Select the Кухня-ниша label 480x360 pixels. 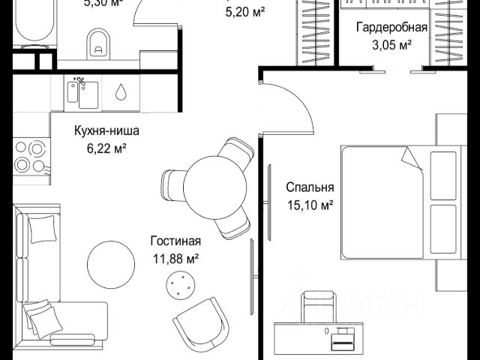(106, 132)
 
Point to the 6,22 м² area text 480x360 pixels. (106, 148)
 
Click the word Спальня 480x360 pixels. (310, 187)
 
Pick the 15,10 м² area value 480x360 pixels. (310, 204)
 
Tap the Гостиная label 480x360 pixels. (175, 241)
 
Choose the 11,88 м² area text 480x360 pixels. (175, 259)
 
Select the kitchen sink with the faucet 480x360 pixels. (83, 94)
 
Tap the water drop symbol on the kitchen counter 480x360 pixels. (121, 92)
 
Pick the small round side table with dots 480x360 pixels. (180, 284)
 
